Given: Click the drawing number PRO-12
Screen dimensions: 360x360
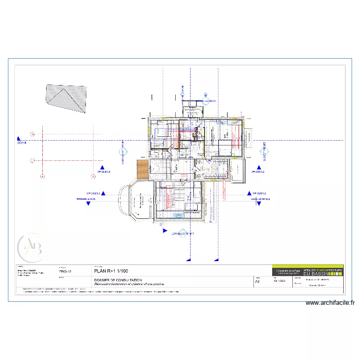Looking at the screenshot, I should coord(65,271).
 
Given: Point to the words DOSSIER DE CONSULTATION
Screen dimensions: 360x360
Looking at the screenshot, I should coord(118,280).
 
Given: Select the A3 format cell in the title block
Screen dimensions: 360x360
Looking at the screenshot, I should coord(258,283).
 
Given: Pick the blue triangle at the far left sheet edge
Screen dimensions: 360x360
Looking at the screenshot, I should coord(18,137).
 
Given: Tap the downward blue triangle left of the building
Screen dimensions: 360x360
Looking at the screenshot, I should coord(88,203).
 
